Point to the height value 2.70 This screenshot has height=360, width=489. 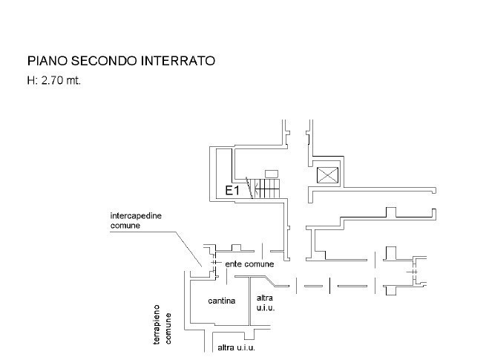pyautogui.click(x=51, y=80)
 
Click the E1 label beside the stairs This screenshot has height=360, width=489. pyautogui.click(x=232, y=191)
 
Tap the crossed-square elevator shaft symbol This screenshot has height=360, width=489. pyautogui.click(x=326, y=175)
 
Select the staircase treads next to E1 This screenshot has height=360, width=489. pyautogui.click(x=267, y=189)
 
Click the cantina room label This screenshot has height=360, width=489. pyautogui.click(x=222, y=301)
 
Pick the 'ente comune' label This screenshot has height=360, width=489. pyautogui.click(x=249, y=264)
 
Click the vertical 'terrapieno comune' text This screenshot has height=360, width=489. pyautogui.click(x=163, y=324)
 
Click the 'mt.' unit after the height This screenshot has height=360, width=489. pyautogui.click(x=73, y=80)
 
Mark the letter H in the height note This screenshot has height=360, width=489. pyautogui.click(x=30, y=80)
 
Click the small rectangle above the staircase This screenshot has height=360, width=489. pyautogui.click(x=271, y=173)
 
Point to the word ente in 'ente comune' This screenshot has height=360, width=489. pyautogui.click(x=233, y=264)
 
